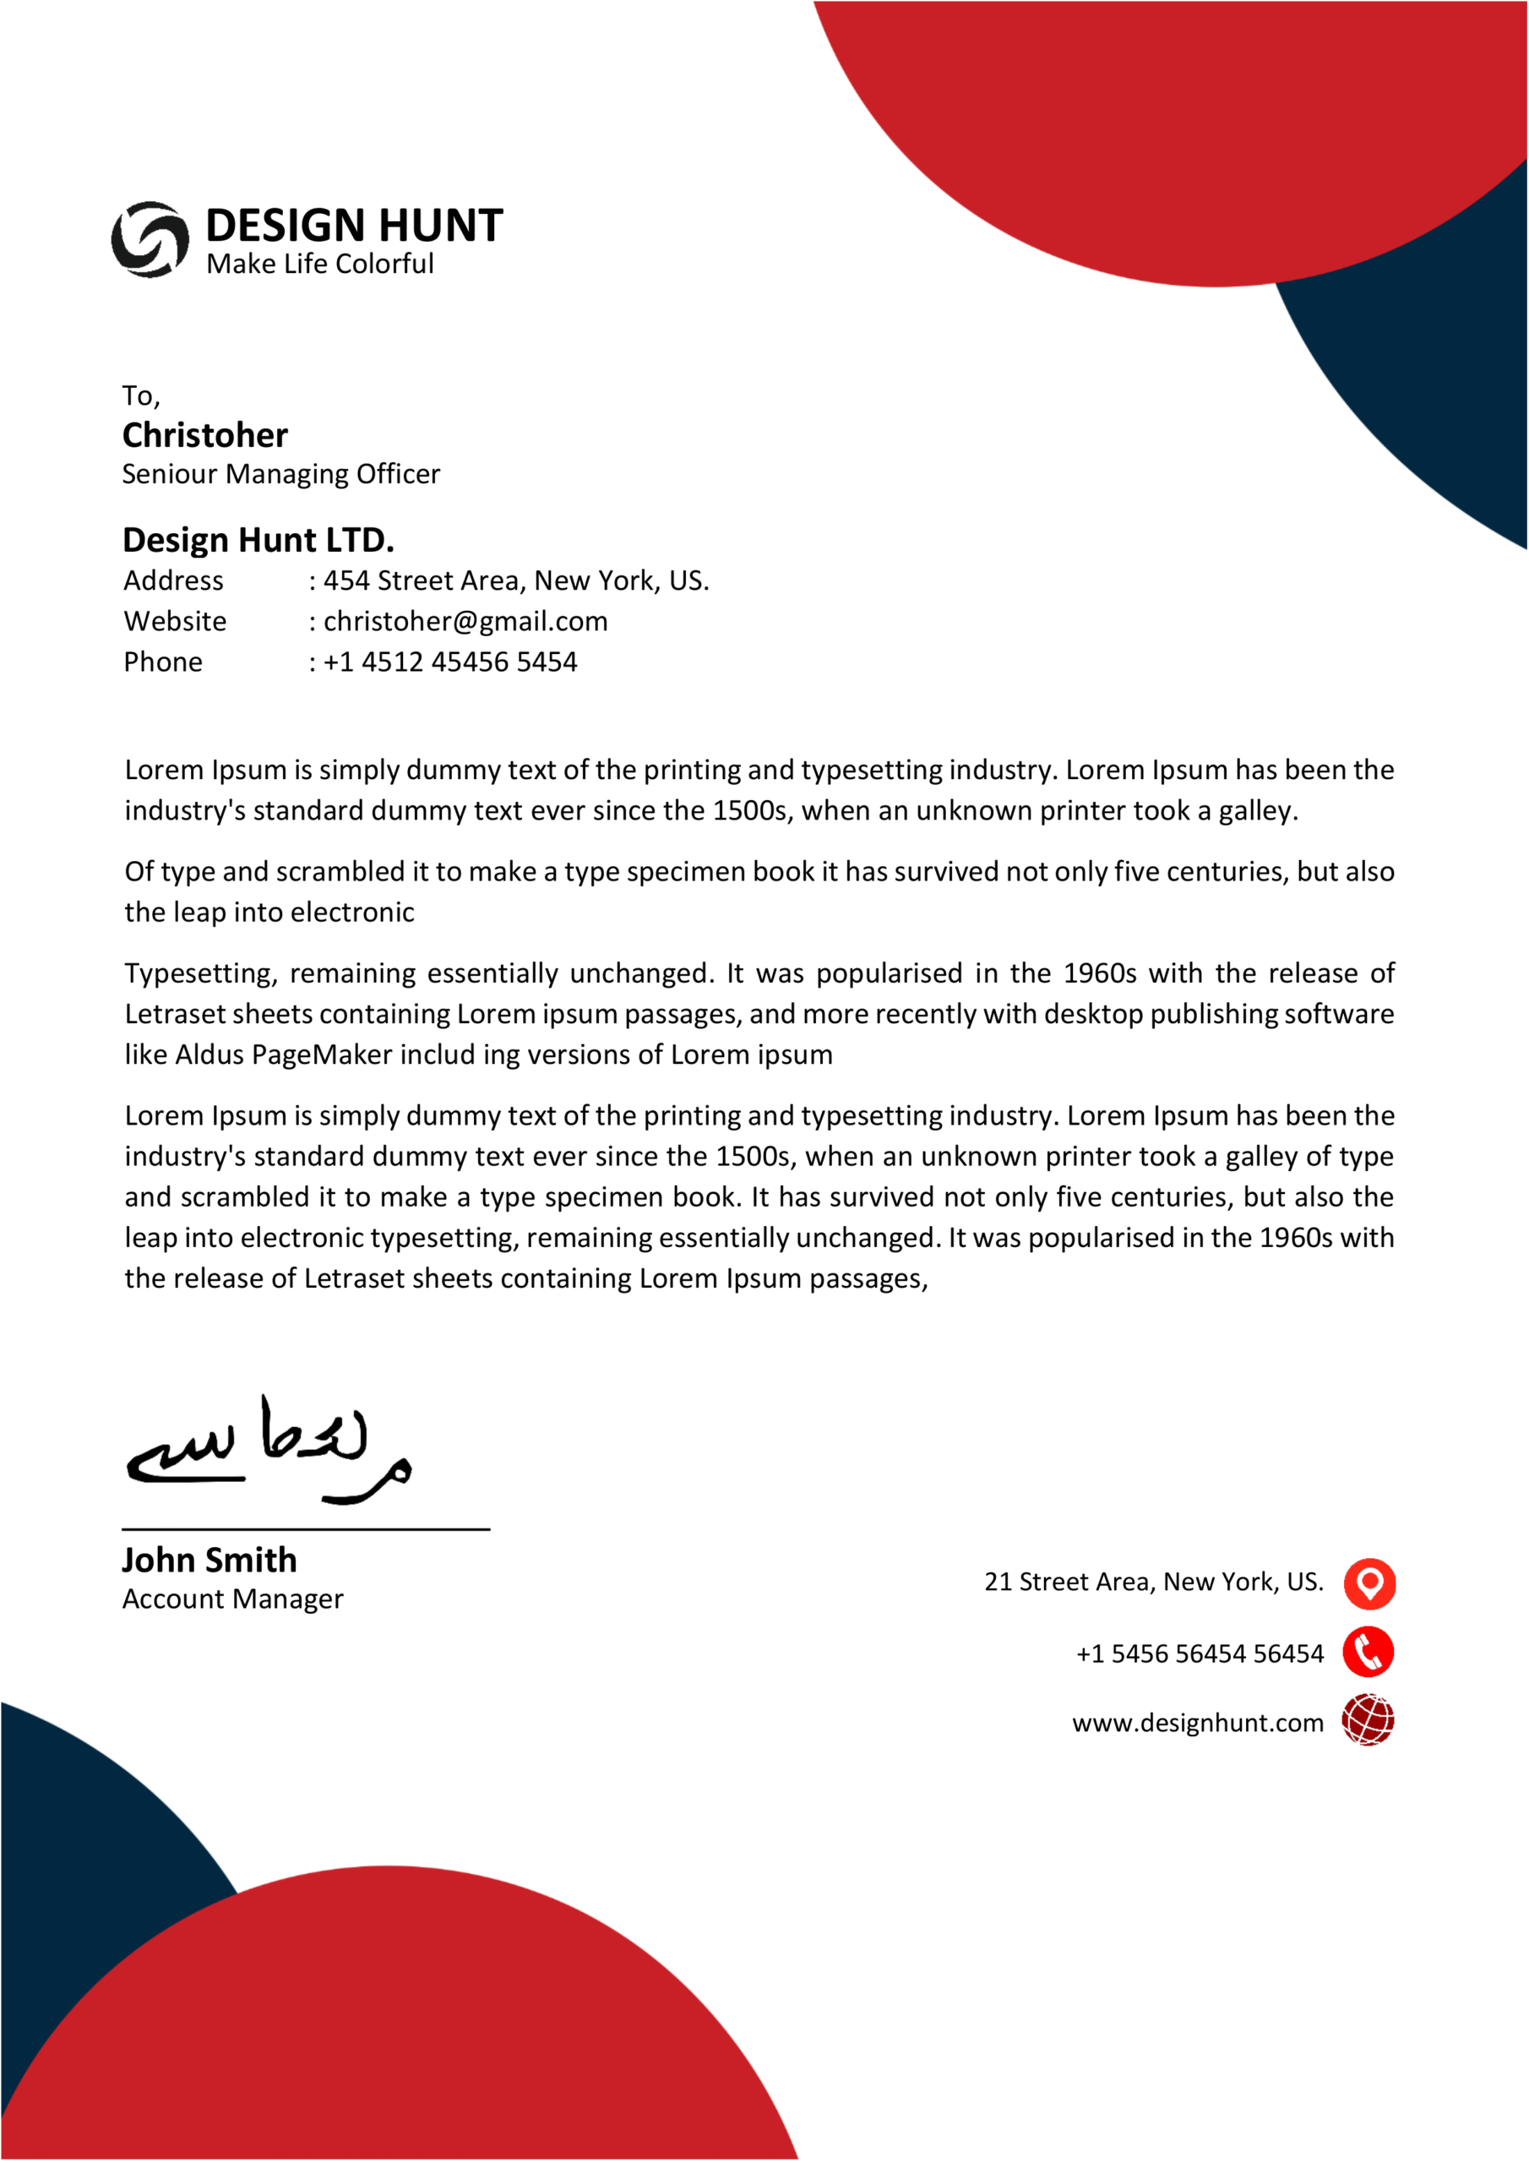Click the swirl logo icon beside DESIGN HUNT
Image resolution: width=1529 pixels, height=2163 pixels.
[150, 239]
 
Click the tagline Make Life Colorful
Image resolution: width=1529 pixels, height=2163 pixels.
[319, 264]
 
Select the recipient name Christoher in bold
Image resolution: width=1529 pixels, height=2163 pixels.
[204, 435]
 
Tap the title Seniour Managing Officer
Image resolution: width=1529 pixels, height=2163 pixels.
[280, 474]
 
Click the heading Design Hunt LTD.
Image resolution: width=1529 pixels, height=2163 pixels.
[258, 540]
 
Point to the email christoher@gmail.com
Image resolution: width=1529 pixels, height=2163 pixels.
[465, 622]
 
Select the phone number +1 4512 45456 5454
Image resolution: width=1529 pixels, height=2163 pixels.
[449, 662]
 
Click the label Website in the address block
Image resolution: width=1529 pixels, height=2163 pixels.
[175, 622]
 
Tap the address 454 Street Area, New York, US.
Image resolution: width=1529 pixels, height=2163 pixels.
[515, 580]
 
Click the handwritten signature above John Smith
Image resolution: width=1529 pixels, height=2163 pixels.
[269, 1451]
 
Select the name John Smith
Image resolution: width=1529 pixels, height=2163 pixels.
[209, 1560]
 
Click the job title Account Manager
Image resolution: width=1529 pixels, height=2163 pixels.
[232, 1599]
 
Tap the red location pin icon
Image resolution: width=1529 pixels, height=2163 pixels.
[1368, 1583]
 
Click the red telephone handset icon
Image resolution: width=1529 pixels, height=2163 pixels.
[1368, 1653]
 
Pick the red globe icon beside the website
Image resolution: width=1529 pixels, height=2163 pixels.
[1368, 1720]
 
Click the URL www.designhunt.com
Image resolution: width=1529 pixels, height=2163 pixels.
[1197, 1723]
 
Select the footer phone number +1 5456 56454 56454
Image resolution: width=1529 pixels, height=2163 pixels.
[1200, 1654]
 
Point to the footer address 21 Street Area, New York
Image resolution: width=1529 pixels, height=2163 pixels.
[1153, 1582]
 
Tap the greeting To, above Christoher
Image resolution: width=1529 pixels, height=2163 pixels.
[141, 395]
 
